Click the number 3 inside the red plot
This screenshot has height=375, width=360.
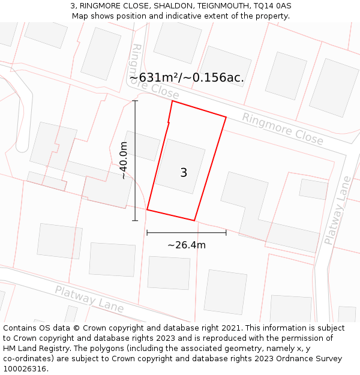tap(184, 173)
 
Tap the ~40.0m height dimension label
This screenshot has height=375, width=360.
tap(124, 161)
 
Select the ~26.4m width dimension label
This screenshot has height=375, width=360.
tap(186, 245)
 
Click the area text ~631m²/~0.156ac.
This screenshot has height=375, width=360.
tap(187, 77)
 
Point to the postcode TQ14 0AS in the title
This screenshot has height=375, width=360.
tap(272, 5)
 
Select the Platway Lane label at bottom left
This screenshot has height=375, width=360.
tap(89, 299)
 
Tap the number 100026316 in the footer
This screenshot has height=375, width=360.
tap(25, 369)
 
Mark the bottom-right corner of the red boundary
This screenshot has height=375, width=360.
tap(194, 220)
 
